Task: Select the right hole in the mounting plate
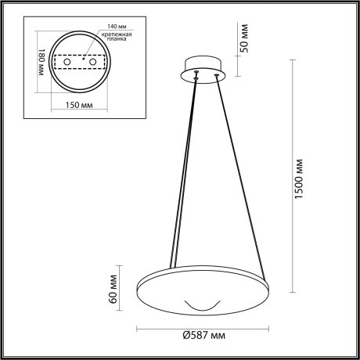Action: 93,61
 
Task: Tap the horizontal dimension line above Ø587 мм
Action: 203,326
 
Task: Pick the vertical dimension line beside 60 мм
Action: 125,290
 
